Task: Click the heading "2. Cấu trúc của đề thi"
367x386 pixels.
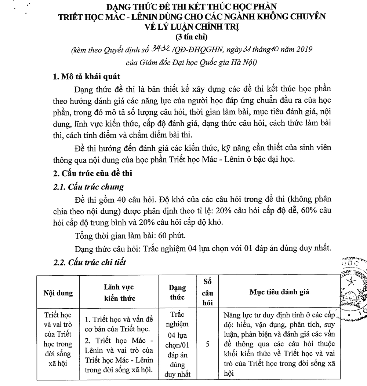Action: click(93, 173)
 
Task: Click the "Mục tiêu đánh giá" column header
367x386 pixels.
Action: click(279, 292)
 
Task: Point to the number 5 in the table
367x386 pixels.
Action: click(208, 344)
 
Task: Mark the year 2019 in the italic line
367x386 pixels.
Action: click(301, 49)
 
